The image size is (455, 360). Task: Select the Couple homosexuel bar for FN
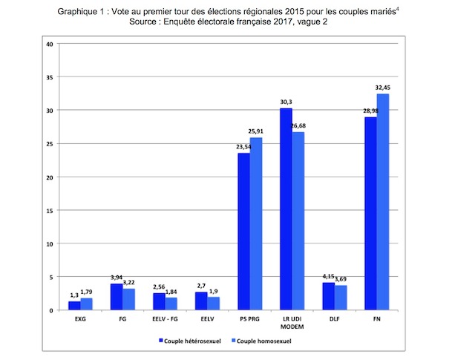[x=383, y=202]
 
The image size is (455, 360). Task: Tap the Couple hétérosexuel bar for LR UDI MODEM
[x=286, y=209]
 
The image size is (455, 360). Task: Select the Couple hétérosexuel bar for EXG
[x=74, y=306]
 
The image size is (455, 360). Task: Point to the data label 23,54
[x=242, y=146]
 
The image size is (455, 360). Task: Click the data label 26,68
[x=298, y=125]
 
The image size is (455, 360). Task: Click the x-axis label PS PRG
[x=249, y=320]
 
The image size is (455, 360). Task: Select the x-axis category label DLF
[x=334, y=320]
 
